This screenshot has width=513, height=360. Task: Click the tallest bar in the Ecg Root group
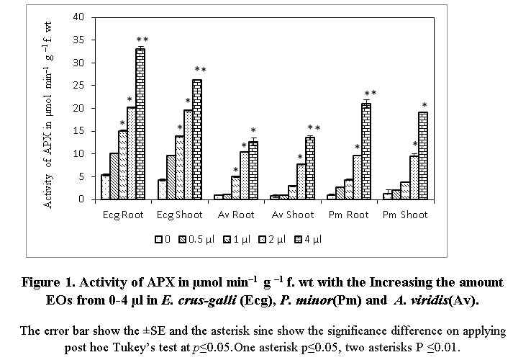click(x=140, y=124)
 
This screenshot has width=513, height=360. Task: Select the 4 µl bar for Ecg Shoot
click(x=196, y=140)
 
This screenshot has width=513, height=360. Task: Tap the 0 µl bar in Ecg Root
click(x=105, y=187)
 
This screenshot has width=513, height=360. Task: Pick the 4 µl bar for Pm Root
click(x=366, y=151)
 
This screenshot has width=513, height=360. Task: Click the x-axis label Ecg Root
click(x=123, y=215)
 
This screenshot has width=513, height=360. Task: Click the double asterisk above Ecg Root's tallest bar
click(x=142, y=39)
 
